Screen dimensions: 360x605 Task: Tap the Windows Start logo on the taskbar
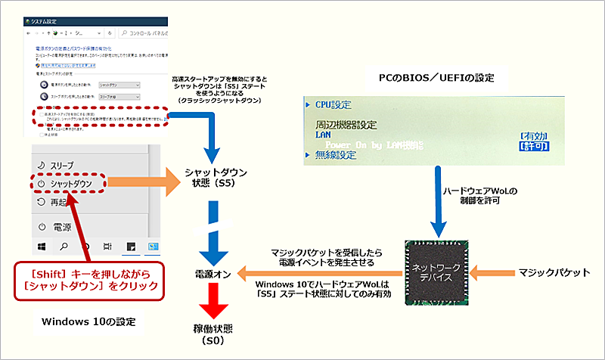[x=42, y=246]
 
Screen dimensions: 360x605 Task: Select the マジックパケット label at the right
[x=550, y=270]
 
